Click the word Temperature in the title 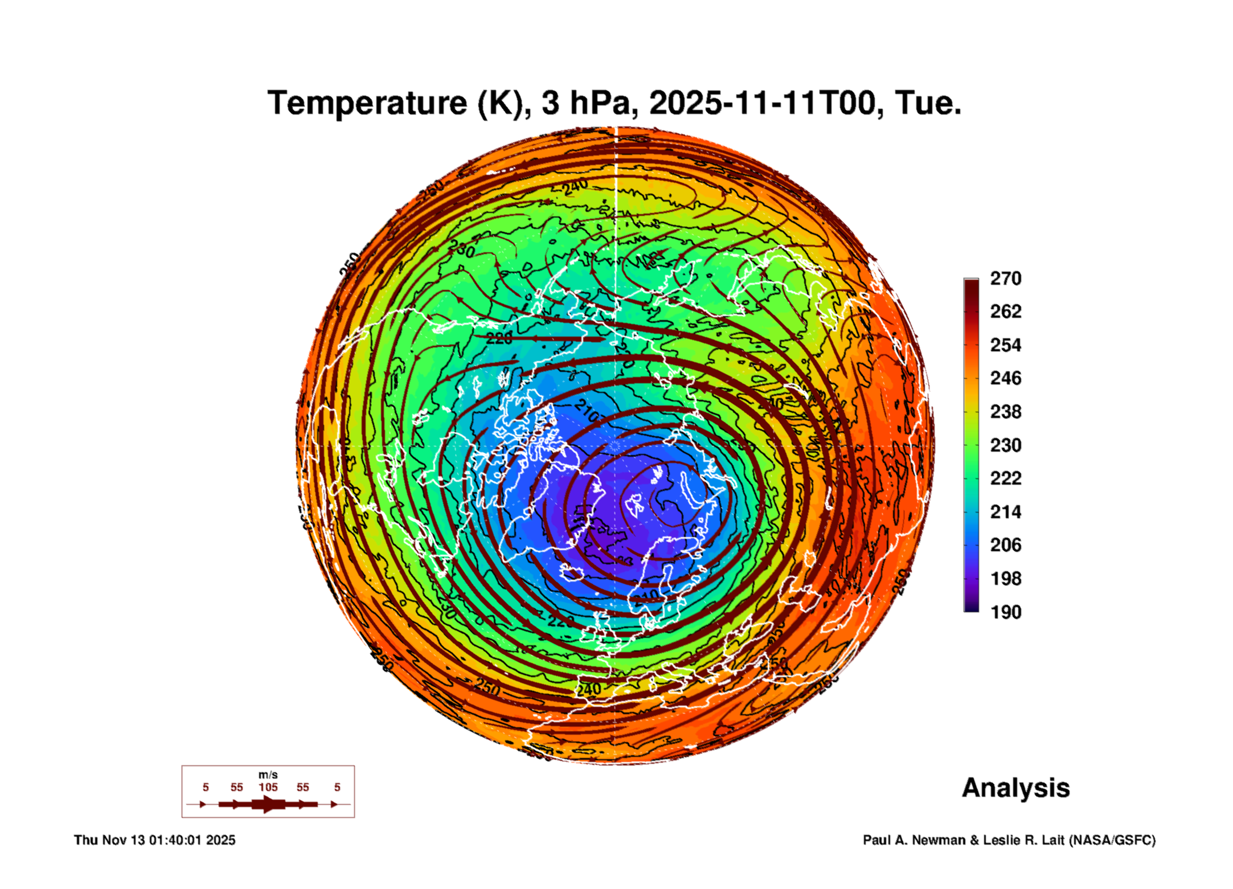(367, 104)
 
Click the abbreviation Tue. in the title (928, 104)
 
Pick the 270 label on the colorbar (1006, 278)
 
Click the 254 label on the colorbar (1006, 345)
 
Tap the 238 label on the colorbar (1006, 412)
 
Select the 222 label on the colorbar (1006, 478)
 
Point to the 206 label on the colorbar (1006, 545)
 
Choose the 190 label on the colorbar (1006, 612)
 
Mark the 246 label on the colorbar (1006, 378)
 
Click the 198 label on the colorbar (1006, 579)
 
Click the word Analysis (1015, 788)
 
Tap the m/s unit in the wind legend (268, 775)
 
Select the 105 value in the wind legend (268, 788)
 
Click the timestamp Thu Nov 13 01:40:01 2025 (154, 840)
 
